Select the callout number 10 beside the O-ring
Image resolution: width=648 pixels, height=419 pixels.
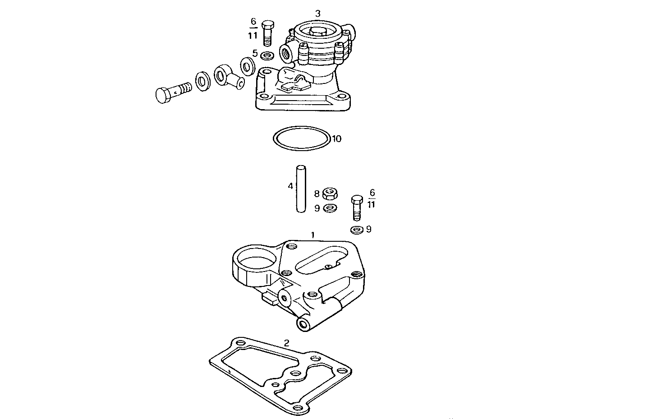tap(337, 138)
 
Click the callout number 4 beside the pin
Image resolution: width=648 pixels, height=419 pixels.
tap(290, 186)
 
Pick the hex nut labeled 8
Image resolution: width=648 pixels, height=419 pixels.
tap(331, 194)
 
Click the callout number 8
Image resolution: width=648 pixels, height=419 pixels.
tap(317, 194)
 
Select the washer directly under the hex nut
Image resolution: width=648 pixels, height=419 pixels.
tap(331, 208)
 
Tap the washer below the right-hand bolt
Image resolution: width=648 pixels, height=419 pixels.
tap(357, 230)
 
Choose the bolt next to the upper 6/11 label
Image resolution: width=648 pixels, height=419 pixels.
tap(268, 33)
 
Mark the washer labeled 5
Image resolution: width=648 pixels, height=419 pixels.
tap(267, 55)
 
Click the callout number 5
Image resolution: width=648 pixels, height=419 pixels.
tap(255, 54)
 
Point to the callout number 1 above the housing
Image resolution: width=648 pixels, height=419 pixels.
tap(313, 235)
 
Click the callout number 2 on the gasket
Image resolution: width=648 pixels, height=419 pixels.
tap(286, 342)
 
